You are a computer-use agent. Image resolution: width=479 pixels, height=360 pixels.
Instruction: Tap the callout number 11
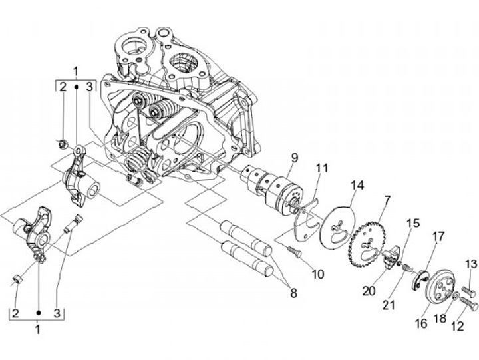click(x=322, y=168)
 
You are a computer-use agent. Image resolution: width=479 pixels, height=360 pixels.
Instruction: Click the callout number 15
click(x=413, y=223)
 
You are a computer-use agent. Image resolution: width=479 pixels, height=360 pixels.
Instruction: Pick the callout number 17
click(x=438, y=236)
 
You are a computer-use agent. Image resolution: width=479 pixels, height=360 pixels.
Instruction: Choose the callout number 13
click(x=470, y=264)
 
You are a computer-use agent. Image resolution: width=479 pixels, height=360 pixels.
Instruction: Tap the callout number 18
click(x=438, y=319)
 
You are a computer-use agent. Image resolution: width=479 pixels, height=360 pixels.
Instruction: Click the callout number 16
click(x=420, y=324)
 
